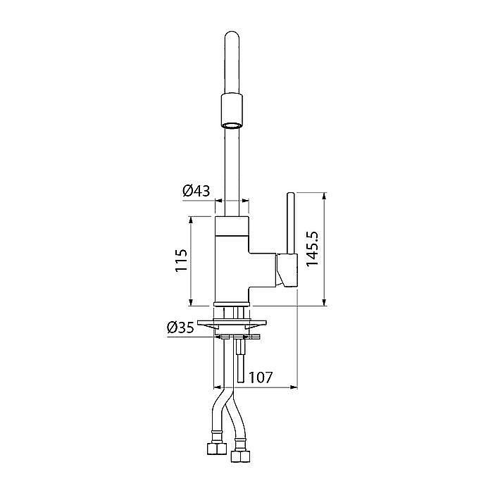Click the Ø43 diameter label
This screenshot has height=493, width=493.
(196, 191)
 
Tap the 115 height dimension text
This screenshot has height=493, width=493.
(182, 261)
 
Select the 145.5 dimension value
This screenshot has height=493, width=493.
(313, 249)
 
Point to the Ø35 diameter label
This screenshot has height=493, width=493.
(180, 328)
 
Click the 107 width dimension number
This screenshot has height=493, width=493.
(261, 377)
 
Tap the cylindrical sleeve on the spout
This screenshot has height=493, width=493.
(232, 111)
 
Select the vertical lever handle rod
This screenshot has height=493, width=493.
(291, 223)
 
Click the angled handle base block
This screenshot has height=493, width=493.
(287, 270)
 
